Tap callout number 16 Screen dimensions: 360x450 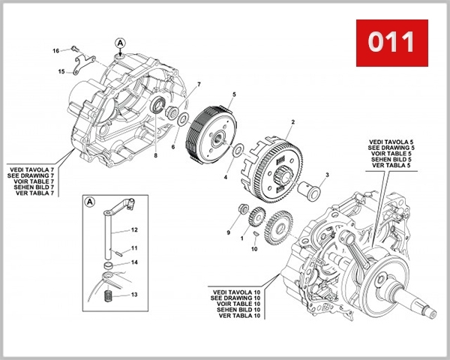click(55, 50)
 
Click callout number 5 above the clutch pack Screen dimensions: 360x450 click(234, 94)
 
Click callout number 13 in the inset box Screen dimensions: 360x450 click(134, 295)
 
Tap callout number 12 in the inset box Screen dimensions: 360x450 click(134, 229)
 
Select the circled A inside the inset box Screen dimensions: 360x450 click(90, 202)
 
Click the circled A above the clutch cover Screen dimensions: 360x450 click(121, 42)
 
